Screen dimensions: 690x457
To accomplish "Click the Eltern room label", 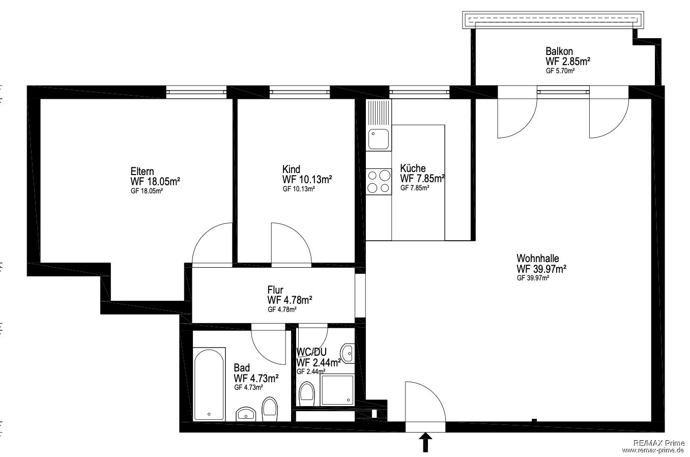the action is (x=142, y=172).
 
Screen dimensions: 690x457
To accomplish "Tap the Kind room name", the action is (x=291, y=169).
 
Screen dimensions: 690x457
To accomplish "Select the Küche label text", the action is (x=413, y=168).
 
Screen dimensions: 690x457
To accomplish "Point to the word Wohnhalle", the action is (x=537, y=258).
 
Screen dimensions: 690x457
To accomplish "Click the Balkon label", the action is (x=559, y=51).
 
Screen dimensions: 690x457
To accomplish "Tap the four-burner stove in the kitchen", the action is (x=379, y=182).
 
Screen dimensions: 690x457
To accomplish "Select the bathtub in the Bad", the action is (x=209, y=384).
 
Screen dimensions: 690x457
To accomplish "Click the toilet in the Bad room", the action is (x=270, y=409).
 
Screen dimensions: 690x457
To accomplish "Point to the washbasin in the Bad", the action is (x=246, y=414).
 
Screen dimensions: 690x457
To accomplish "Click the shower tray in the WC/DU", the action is (x=337, y=390).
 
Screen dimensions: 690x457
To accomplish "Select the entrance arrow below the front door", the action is (x=425, y=442).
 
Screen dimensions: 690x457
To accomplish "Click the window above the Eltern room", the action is (x=196, y=92).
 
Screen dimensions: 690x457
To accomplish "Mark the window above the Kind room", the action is (x=300, y=92).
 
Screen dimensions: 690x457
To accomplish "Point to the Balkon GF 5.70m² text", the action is (x=560, y=71).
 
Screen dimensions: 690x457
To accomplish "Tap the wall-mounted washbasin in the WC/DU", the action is (x=348, y=353).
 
